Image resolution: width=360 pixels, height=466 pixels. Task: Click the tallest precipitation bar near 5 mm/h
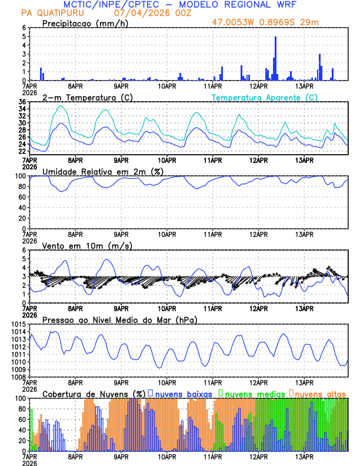(275, 59)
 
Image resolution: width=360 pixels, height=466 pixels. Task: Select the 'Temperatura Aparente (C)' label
(264, 98)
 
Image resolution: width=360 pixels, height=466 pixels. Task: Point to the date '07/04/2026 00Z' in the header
(147, 12)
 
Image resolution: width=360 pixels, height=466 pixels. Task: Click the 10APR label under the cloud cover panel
(167, 455)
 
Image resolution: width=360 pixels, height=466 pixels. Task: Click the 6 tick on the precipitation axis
(24, 28)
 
